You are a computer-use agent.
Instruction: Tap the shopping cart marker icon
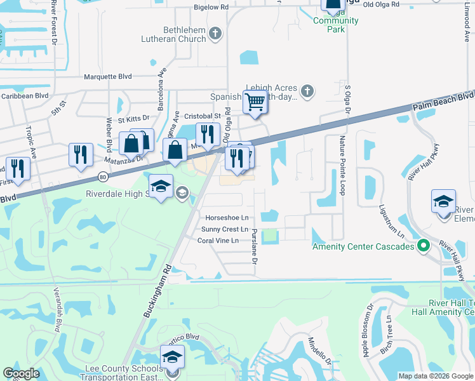[255, 101]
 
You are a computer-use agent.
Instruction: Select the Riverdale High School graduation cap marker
[161, 186]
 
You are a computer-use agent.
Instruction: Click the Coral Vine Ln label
[218, 241]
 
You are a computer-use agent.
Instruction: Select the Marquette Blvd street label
[108, 77]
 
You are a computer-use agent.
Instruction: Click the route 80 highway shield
[103, 178]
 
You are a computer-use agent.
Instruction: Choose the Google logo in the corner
[21, 373]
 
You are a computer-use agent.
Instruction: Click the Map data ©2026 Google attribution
[436, 376]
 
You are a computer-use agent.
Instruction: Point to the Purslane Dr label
[254, 248]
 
